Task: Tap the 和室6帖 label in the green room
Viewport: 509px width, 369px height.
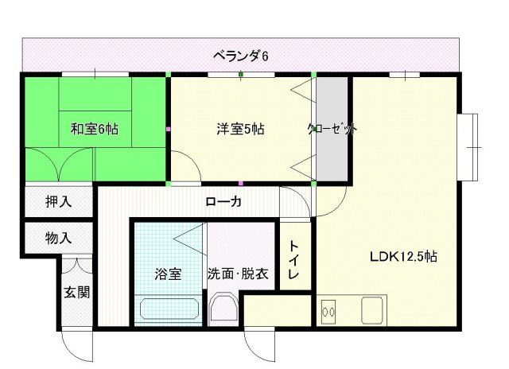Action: [x=95, y=128]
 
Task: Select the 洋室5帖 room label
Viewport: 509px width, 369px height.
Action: [x=241, y=128]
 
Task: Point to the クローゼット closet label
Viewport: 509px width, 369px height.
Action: [x=332, y=128]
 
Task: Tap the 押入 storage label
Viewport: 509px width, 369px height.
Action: [x=58, y=201]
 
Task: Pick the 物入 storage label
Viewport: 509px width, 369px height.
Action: [x=58, y=237]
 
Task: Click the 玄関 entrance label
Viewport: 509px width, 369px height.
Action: [x=77, y=291]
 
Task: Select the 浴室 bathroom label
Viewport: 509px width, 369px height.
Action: [x=169, y=275]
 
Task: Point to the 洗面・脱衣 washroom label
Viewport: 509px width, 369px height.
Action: [x=238, y=275]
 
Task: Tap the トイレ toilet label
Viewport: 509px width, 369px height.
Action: [x=294, y=260]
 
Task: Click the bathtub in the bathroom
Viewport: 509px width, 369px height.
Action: [x=168, y=309]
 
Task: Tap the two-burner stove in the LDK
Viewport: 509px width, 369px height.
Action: [x=328, y=309]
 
